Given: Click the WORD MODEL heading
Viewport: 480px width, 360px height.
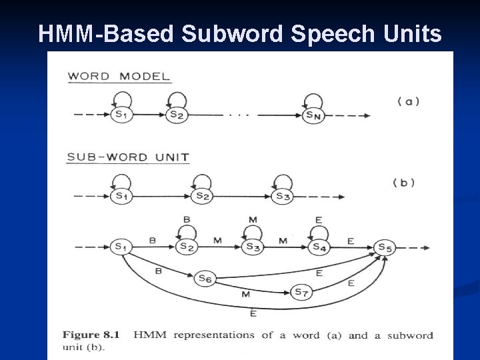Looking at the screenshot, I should (119, 75).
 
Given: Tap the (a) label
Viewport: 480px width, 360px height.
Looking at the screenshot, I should (408, 101).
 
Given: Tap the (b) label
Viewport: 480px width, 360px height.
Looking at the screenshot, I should (403, 183).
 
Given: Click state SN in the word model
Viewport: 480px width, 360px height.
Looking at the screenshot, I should (314, 115).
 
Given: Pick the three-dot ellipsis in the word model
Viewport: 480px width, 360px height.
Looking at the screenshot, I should (239, 115).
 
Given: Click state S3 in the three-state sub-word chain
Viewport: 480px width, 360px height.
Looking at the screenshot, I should (283, 197).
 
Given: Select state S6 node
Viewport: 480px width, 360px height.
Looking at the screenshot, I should (205, 279).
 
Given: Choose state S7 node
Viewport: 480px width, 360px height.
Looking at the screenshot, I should (301, 292).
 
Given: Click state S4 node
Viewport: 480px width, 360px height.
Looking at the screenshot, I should (320, 247).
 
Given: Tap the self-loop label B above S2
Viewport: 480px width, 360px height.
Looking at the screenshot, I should (187, 219).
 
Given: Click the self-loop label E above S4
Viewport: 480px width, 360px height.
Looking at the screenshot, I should (319, 219).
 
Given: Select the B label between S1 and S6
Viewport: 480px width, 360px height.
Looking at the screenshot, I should (158, 271).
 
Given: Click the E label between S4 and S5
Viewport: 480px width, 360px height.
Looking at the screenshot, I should (351, 241).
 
